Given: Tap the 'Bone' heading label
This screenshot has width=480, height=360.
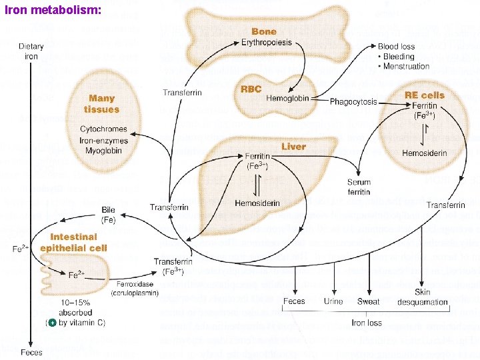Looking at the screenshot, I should [x=264, y=31].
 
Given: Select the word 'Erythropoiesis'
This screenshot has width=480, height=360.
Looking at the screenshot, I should [x=266, y=43].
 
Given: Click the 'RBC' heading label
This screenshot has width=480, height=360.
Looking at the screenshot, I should [x=251, y=89].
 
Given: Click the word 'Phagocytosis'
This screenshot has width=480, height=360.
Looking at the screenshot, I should [x=353, y=102].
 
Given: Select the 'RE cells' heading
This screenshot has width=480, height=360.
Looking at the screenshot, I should [x=424, y=95].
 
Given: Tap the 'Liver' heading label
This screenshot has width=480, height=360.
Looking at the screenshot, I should [x=293, y=146].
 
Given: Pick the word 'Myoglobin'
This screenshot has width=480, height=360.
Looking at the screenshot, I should [x=103, y=150].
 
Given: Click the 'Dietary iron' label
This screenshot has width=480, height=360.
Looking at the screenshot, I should [x=31, y=51].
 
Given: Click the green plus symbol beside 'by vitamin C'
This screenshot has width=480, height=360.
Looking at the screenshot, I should [x=50, y=322].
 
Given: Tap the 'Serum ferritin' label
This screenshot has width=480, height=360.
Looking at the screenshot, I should [x=359, y=187].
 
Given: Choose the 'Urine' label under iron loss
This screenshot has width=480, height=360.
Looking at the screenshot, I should [x=333, y=301].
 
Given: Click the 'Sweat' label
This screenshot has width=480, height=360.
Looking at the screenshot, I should [x=368, y=301].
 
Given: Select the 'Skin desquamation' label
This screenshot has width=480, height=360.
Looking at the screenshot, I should [x=423, y=297].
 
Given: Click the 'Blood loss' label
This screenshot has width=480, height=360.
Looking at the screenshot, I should [x=396, y=47].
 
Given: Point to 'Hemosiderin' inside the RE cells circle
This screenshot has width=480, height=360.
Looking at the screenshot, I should [x=425, y=153].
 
